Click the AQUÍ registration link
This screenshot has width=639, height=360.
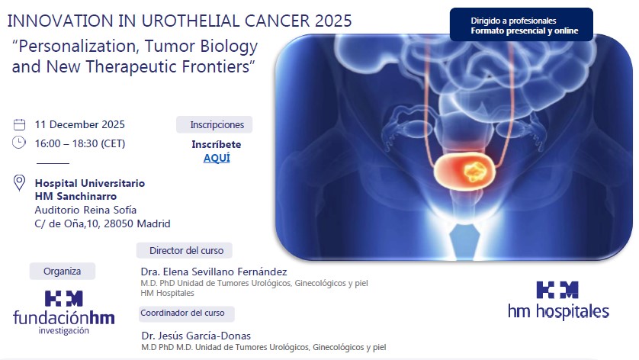[217, 158]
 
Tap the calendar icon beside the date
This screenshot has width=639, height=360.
[20, 124]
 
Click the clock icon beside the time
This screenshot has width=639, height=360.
[20, 143]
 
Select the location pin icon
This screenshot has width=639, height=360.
[20, 183]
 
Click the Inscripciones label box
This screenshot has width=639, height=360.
[217, 124]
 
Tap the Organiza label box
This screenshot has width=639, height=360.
[62, 271]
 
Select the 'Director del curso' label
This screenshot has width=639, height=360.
[185, 250]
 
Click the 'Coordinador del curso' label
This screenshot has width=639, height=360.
[187, 313]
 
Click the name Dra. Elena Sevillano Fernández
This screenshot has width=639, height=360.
[214, 272]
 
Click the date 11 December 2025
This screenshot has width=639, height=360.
[80, 124]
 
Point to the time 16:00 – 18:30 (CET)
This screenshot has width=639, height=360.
[80, 143]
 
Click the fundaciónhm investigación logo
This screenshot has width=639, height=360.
[64, 311]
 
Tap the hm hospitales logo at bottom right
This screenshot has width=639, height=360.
[558, 300]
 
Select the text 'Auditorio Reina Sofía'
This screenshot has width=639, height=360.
[86, 210]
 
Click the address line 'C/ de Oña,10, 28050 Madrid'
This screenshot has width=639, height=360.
[102, 223]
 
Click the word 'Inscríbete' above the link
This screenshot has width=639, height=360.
[217, 144]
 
